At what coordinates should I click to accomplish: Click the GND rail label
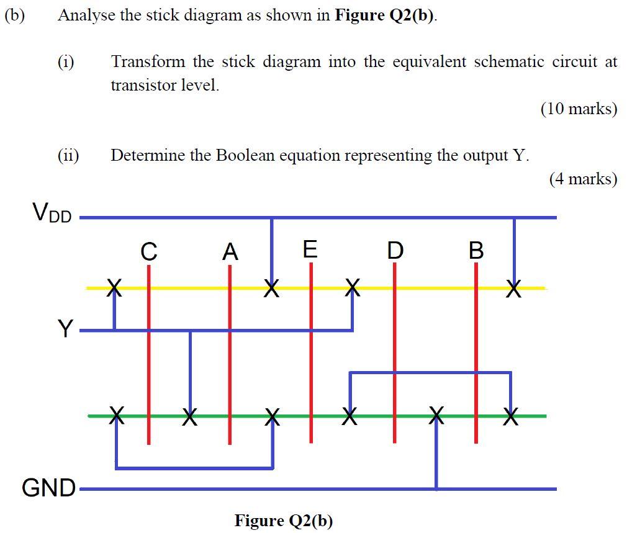coord(48,488)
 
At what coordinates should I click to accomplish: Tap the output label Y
coord(65,328)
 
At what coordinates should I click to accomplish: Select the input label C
coord(148,252)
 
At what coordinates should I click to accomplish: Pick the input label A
coord(230,252)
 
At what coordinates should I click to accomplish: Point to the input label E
coord(310,249)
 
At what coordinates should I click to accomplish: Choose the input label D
coord(394,251)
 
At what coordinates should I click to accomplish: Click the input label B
coord(476,251)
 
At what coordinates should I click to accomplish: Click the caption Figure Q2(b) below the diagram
coord(284,520)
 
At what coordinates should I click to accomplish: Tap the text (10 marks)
coord(579,109)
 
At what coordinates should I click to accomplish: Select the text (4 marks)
coord(583,179)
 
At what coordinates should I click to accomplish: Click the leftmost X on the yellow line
coord(114,287)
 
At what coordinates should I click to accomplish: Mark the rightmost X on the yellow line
coord(513,288)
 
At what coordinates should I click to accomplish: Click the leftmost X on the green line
coord(116,415)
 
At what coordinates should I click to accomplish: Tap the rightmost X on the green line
coord(510,416)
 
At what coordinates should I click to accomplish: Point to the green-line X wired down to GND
coord(437,415)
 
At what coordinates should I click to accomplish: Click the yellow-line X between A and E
coord(271,288)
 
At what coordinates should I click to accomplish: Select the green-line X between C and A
coord(190,415)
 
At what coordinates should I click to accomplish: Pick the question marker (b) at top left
coord(15,16)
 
